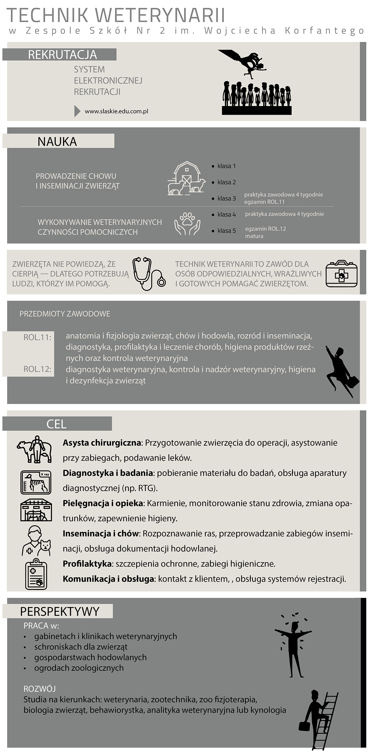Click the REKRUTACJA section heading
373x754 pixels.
(x=62, y=55)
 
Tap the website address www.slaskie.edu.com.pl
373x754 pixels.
(x=116, y=111)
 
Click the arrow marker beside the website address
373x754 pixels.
(x=77, y=111)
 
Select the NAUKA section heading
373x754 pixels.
(x=57, y=142)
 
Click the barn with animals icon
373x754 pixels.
(x=186, y=178)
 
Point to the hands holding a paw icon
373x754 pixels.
(x=187, y=223)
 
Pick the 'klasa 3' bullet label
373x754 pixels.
(x=226, y=198)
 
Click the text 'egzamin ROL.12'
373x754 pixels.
(x=265, y=229)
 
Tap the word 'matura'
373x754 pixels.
(x=254, y=236)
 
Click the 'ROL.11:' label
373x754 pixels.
(x=37, y=337)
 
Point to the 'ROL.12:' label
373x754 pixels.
(x=37, y=369)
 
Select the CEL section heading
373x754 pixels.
(x=57, y=424)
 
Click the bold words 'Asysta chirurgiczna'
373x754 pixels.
(x=102, y=443)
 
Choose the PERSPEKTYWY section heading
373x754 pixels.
(x=59, y=611)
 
